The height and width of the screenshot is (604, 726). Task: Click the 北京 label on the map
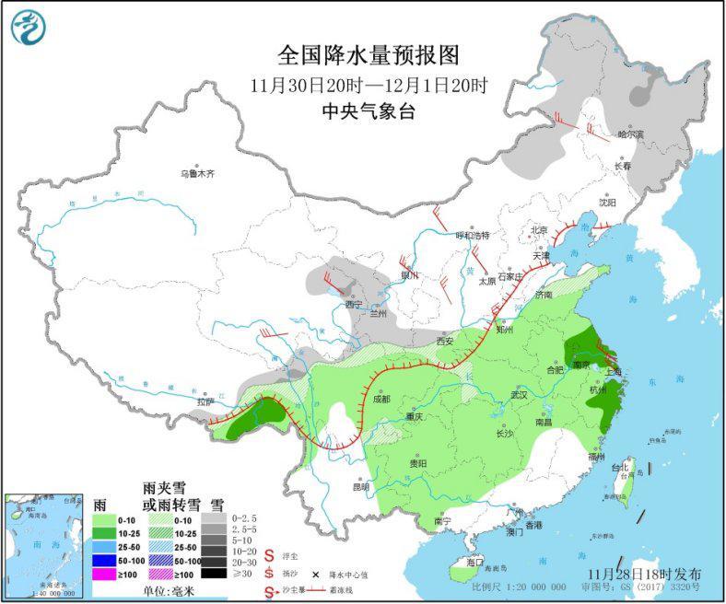(539, 229)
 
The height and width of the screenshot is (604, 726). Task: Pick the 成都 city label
(381, 399)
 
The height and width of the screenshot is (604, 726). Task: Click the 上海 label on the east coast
(613, 370)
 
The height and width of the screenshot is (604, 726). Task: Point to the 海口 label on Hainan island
(475, 561)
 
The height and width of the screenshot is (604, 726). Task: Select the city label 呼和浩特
(474, 235)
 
